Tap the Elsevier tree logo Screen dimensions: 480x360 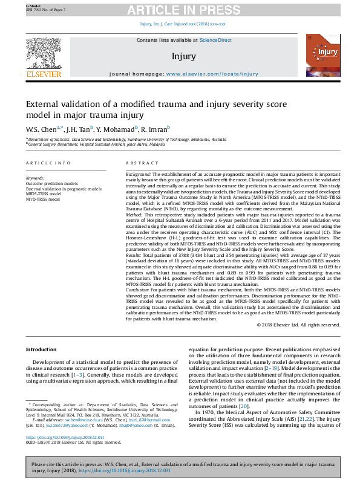[44, 53]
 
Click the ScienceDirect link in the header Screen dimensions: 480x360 [216, 40]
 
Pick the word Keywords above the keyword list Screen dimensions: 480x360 [35, 178]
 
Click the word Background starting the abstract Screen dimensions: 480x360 [138, 174]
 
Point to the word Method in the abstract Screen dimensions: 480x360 [134, 215]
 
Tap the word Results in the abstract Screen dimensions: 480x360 [134, 256]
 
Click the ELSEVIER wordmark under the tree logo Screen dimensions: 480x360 [44, 74]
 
